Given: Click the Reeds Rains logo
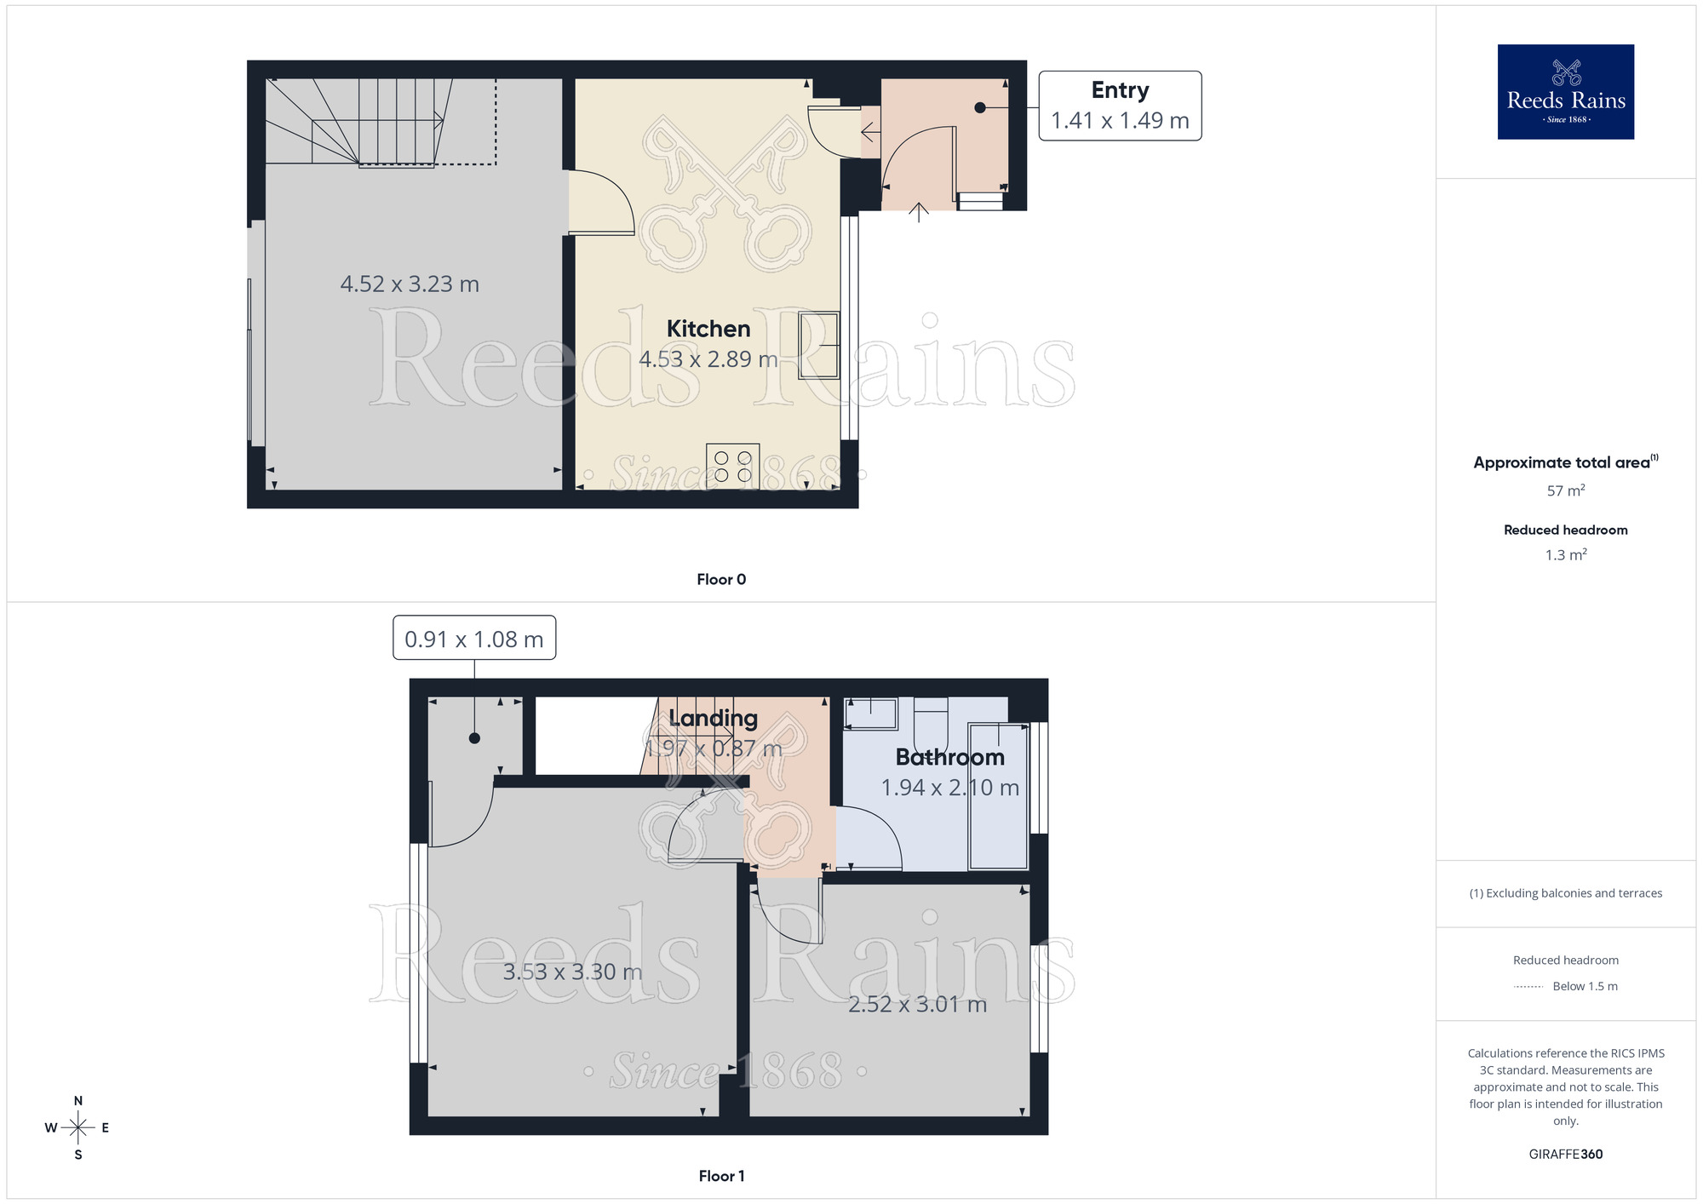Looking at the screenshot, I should (1565, 92).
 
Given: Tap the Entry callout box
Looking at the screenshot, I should (1120, 106).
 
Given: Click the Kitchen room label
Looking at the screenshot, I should (708, 329).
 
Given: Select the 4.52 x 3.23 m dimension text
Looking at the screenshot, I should (410, 284).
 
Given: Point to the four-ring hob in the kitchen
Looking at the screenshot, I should (732, 466).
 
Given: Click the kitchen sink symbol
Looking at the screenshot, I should (818, 346).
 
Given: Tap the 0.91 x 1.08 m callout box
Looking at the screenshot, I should (474, 638).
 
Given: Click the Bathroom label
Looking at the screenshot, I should (949, 757).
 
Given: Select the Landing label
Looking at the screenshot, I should (713, 718).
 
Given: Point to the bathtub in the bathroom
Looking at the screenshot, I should (998, 795).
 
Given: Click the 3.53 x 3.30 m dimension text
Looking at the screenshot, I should (572, 972).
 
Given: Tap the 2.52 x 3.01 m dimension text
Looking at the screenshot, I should (917, 1004).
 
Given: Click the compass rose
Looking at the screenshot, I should (77, 1127).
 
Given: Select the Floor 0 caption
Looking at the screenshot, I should (721, 579).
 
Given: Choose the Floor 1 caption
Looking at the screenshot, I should (721, 1176).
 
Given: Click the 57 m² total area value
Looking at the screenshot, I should (1565, 490).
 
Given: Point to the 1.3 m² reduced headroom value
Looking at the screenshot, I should (1565, 555).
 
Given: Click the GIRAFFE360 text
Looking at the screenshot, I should (1565, 1155).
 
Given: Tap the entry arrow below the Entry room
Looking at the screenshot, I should (918, 212).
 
